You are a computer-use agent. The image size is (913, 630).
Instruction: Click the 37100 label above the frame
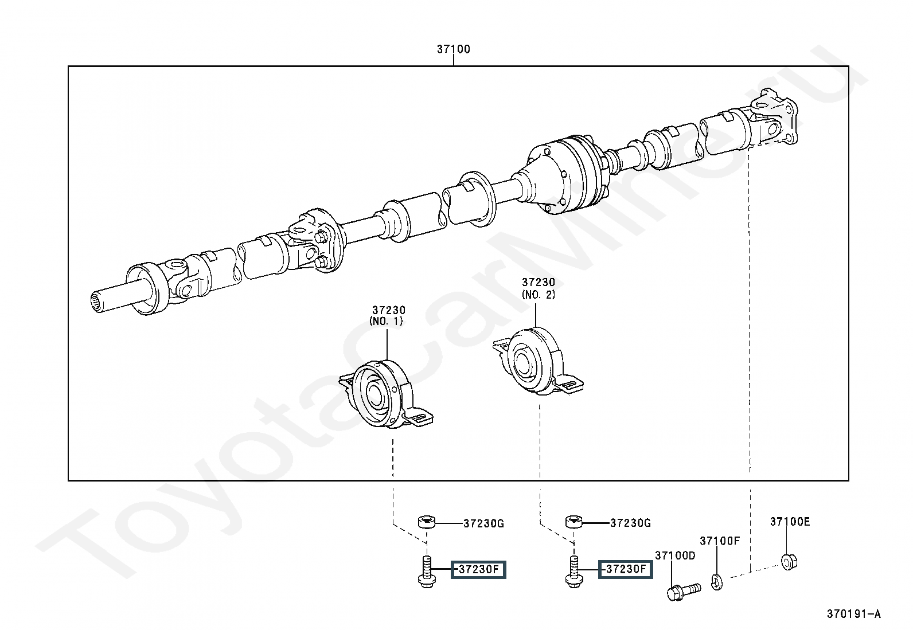pos(453,49)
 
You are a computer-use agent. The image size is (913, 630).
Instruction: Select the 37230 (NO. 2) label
pos(539,288)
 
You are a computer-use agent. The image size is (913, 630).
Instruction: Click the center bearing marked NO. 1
pos(385,394)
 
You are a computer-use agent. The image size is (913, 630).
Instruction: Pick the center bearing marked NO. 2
pos(538,361)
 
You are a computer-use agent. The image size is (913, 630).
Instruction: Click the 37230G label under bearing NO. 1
pos(484,523)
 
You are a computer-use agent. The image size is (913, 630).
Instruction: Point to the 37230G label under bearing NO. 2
pos(630,523)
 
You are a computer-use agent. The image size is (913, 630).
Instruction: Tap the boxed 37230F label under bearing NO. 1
pos(478,570)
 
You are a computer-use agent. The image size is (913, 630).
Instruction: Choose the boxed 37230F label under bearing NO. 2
pos(626,569)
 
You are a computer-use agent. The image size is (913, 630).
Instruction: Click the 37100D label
pos(675,555)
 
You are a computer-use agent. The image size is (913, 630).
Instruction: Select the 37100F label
pos(720,541)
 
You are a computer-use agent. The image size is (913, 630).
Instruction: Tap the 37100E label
pos(790,522)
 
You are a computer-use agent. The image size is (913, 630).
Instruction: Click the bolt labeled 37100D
pos(684,592)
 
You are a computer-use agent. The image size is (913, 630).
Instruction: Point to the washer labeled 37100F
pos(717,581)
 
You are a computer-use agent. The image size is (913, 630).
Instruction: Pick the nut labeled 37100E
pos(790,562)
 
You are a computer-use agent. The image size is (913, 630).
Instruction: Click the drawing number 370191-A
pos(854,614)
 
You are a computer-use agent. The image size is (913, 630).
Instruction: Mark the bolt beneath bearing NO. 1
pos(427,572)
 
